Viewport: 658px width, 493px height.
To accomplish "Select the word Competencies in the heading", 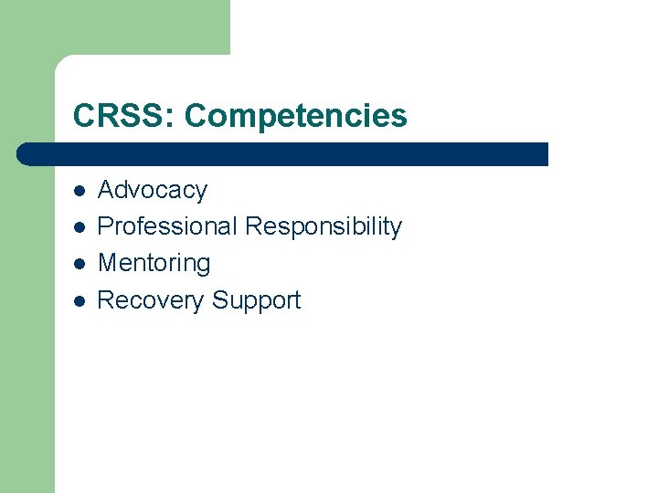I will pyautogui.click(x=295, y=116).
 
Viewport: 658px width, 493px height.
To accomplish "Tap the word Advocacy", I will pyautogui.click(x=153, y=190).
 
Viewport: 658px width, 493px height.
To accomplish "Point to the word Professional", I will pyautogui.click(x=167, y=226).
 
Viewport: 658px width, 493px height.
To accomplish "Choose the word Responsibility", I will pyautogui.click(x=324, y=226).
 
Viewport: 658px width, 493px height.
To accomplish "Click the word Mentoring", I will pyautogui.click(x=154, y=263).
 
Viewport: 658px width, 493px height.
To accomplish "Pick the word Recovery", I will pyautogui.click(x=151, y=300).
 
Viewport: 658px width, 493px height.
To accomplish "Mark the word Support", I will pyautogui.click(x=256, y=300).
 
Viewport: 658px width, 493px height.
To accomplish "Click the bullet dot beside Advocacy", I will pyautogui.click(x=80, y=191).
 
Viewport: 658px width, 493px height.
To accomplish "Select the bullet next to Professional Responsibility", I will pyautogui.click(x=80, y=227).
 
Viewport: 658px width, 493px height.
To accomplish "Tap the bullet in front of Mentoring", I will pyautogui.click(x=80, y=264).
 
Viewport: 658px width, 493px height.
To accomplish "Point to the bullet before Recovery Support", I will pyautogui.click(x=80, y=300).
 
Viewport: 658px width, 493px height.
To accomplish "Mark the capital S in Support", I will pyautogui.click(x=220, y=300).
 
